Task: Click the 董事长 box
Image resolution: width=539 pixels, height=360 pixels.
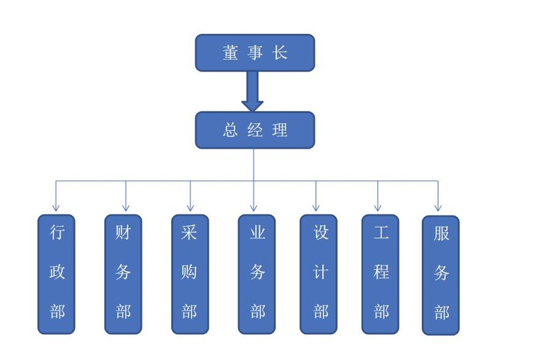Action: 254,53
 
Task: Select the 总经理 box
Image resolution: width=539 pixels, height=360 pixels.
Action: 254,130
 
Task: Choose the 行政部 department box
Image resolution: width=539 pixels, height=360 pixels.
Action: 56,274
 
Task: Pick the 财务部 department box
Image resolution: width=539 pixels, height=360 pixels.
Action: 123,274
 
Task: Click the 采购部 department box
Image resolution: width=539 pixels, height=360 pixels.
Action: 190,274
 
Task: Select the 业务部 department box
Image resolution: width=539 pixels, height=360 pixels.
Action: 257,274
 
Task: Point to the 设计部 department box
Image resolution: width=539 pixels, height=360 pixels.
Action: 318,274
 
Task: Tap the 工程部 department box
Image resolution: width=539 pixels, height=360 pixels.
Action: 380,274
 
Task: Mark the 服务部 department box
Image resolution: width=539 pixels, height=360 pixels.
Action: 441,275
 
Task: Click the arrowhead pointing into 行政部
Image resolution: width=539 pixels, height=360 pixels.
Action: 56,207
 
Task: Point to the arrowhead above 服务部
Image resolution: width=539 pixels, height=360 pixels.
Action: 438,207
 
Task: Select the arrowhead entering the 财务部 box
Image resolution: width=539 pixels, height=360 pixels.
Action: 126,207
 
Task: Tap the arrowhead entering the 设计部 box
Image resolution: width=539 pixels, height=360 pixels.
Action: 316,207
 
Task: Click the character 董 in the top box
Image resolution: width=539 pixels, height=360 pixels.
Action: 230,53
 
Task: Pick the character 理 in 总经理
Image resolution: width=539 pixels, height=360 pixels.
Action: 280,130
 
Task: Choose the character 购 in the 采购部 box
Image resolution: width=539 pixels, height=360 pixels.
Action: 190,272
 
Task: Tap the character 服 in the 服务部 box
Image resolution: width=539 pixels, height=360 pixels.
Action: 441,235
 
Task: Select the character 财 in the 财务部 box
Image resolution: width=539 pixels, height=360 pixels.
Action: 123,233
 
